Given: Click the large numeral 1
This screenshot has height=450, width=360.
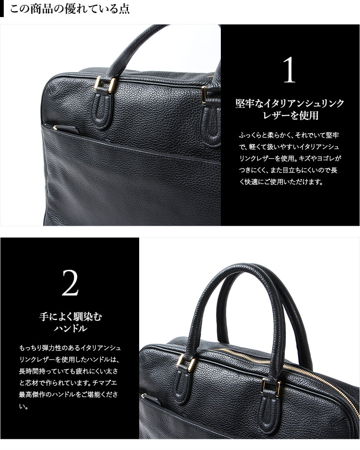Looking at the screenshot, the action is pyautogui.click(x=290, y=70).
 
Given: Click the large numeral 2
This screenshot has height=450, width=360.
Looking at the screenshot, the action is pyautogui.click(x=70, y=283).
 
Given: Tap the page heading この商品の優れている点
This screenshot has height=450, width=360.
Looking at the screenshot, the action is pyautogui.click(x=70, y=9).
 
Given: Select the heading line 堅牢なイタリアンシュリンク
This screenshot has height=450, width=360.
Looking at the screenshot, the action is pyautogui.click(x=290, y=103).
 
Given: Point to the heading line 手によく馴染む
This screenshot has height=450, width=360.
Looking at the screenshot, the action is pyautogui.click(x=71, y=316).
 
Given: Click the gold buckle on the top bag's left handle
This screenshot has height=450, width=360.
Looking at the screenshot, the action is pyautogui.click(x=105, y=85).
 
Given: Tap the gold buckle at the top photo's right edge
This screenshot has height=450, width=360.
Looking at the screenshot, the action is pyautogui.click(x=204, y=94).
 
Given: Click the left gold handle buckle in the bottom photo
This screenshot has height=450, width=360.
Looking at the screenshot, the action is pyautogui.click(x=186, y=363).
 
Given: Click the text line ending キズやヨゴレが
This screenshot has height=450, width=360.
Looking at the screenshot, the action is pyautogui.click(x=290, y=159).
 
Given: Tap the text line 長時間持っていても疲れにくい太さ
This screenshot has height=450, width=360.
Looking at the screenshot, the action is pyautogui.click(x=69, y=371).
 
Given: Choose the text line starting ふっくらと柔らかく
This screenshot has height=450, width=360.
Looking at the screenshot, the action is pyautogui.click(x=289, y=135).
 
